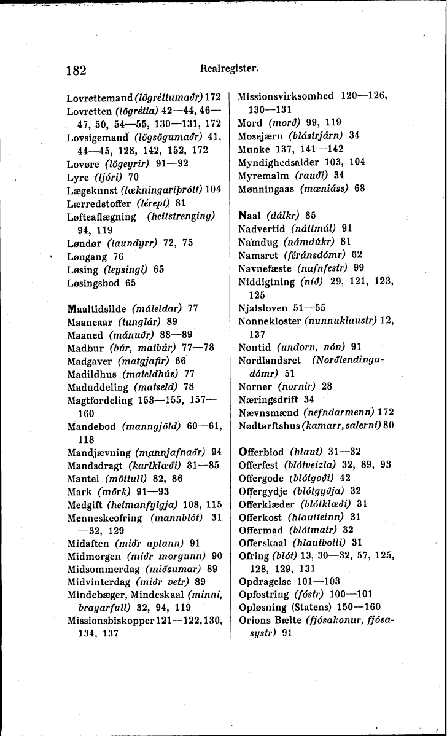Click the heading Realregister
tap(225, 69)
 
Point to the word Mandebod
tap(93, 426)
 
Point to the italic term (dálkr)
tap(281, 215)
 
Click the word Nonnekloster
tap(270, 321)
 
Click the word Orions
tap(254, 620)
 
